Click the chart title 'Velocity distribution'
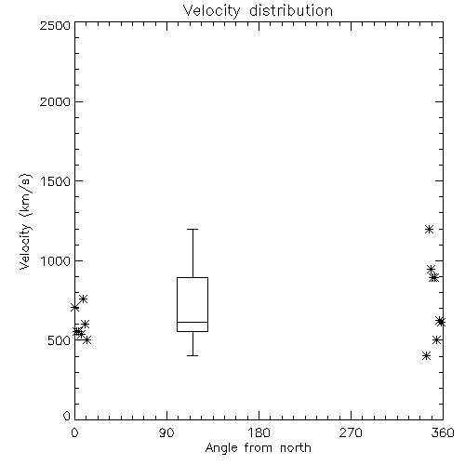pyautogui.click(x=258, y=10)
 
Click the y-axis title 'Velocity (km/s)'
pyautogui.click(x=25, y=221)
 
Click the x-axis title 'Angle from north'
pyautogui.click(x=258, y=447)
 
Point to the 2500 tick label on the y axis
pyautogui.click(x=55, y=25)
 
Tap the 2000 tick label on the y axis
pyautogui.click(x=55, y=101)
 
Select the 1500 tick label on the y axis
pyautogui.click(x=56, y=181)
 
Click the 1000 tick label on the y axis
pyautogui.click(x=56, y=261)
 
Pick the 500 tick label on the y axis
pyautogui.click(x=60, y=340)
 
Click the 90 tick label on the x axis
pyautogui.click(x=166, y=432)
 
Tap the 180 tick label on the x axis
pyautogui.click(x=259, y=432)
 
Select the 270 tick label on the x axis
pyautogui.click(x=351, y=432)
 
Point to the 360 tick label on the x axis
pyautogui.click(x=443, y=432)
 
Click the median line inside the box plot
pyautogui.click(x=193, y=322)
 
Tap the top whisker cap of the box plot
pyautogui.click(x=193, y=229)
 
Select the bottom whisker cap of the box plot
pyautogui.click(x=193, y=355)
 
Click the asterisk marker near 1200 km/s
pyautogui.click(x=429, y=230)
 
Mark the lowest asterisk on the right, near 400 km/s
pyautogui.click(x=426, y=355)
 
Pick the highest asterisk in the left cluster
pyautogui.click(x=83, y=299)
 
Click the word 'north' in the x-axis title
pyautogui.click(x=296, y=447)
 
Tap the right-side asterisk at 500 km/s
pyautogui.click(x=437, y=340)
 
